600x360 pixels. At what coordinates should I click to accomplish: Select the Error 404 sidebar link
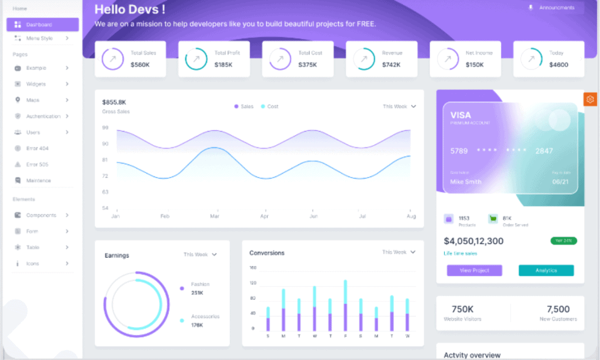tap(37, 148)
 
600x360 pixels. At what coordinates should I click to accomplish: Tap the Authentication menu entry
tap(43, 116)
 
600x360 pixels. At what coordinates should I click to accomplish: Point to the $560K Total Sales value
tap(140, 64)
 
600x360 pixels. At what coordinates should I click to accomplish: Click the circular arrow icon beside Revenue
tap(364, 59)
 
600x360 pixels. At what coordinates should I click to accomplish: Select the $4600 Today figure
tap(559, 64)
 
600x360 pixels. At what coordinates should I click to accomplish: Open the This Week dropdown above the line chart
tap(399, 106)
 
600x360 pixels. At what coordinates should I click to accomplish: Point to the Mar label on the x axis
tap(214, 216)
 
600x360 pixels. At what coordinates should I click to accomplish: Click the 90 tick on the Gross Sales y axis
tap(105, 144)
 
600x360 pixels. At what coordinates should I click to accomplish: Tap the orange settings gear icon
tap(590, 100)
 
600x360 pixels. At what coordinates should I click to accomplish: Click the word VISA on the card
tap(461, 115)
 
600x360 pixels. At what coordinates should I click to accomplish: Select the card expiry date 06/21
tap(560, 182)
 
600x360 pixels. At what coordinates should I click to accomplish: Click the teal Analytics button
tap(546, 270)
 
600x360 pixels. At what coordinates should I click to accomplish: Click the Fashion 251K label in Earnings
tap(200, 288)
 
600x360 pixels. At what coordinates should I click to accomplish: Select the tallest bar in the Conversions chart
tap(345, 306)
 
